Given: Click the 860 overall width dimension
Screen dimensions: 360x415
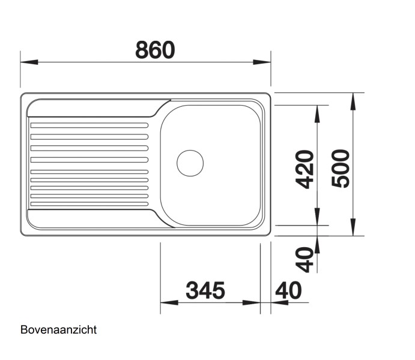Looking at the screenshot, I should coord(154,49).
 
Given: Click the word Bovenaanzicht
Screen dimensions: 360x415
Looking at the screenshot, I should coord(58,329).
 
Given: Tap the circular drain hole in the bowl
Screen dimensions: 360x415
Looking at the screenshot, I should coord(190,163).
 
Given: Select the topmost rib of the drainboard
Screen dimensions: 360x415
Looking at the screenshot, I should coord(89,125).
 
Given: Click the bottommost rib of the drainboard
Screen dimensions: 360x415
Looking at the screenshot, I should coord(89,204).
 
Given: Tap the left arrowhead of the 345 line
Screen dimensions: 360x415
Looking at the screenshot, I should coord(169,302).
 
